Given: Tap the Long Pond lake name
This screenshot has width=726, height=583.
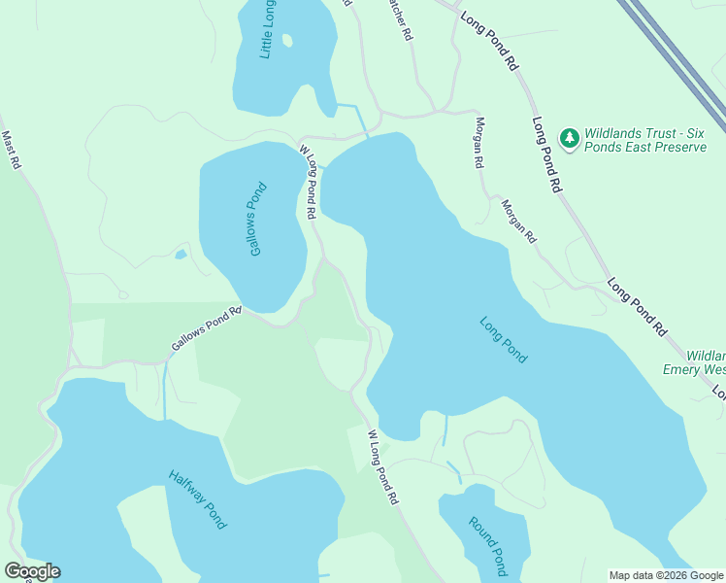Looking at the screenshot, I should (504, 340).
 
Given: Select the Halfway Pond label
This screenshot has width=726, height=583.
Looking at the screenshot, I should (197, 499).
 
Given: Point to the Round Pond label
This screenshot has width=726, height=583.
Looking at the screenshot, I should (487, 545).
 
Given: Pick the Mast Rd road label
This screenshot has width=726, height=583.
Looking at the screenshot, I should (11, 151).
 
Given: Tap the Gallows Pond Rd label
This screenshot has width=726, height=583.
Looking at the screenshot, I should (206, 331).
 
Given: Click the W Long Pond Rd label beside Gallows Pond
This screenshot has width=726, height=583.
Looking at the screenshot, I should (309, 182).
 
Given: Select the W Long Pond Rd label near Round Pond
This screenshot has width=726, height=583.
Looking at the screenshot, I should (383, 467).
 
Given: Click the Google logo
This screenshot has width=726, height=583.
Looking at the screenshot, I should (32, 571).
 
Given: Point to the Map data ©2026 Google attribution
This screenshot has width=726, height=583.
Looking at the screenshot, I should (666, 575).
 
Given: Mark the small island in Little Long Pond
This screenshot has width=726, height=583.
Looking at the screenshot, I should (286, 40).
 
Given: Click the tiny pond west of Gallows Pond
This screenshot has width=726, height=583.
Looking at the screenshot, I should (181, 255).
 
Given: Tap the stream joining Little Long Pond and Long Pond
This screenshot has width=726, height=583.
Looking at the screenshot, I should (361, 119).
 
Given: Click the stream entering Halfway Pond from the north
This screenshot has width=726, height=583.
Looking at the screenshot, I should (165, 389).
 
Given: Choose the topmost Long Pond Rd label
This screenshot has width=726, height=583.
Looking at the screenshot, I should (489, 40).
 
